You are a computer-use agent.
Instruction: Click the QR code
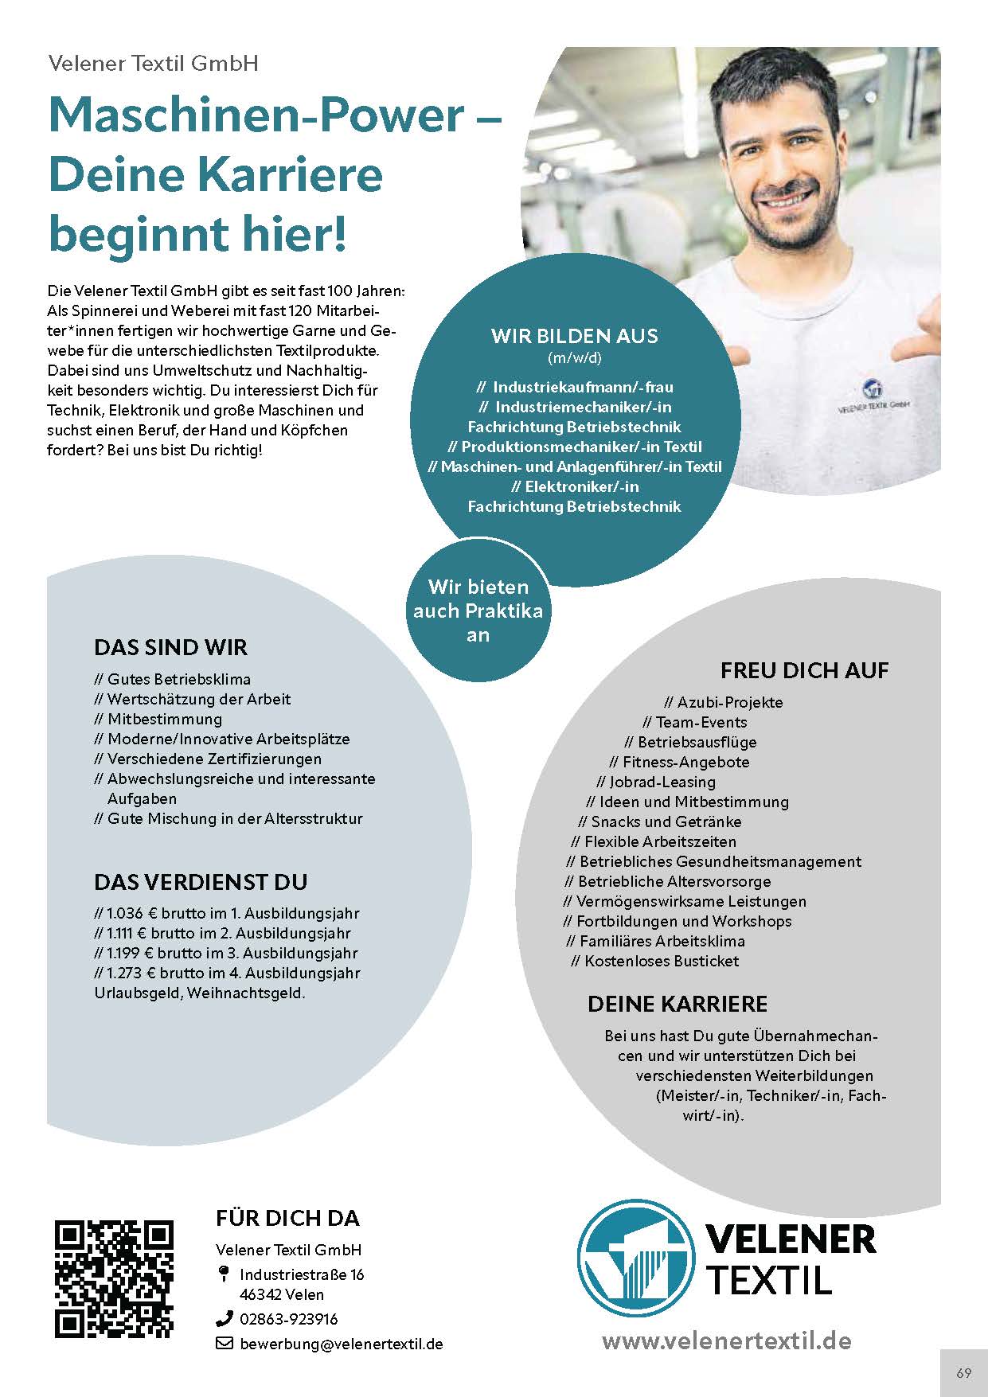(x=114, y=1278)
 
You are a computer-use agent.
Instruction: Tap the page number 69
(x=963, y=1373)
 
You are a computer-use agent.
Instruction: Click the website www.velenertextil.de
(x=726, y=1340)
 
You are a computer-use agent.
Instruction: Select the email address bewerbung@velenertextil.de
(x=341, y=1344)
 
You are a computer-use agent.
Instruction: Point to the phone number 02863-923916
(x=288, y=1319)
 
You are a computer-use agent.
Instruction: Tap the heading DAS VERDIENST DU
(x=201, y=882)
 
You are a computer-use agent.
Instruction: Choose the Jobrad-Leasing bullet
(x=662, y=782)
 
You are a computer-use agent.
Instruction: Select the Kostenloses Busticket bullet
(x=661, y=961)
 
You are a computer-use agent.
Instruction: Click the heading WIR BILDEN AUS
(x=574, y=336)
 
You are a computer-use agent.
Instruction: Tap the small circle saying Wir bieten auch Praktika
(x=478, y=611)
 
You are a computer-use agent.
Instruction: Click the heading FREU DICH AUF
(x=804, y=670)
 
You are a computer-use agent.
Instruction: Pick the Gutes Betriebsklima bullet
(x=178, y=679)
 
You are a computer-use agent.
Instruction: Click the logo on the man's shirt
(x=873, y=391)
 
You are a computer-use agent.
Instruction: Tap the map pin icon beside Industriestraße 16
(x=224, y=1274)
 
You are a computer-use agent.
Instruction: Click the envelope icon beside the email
(x=224, y=1344)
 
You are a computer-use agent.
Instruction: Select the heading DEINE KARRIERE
(x=678, y=1004)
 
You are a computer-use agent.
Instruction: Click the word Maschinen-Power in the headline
(x=256, y=115)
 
